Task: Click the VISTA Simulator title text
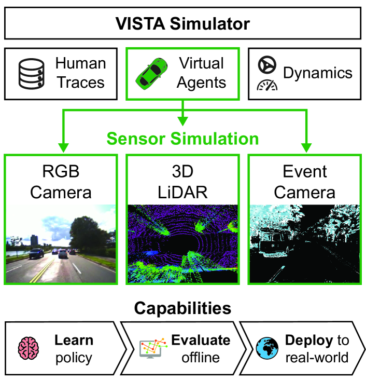pyautogui.click(x=182, y=23)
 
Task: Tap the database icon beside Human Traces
pyautogui.click(x=32, y=74)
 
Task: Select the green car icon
pyautogui.click(x=151, y=74)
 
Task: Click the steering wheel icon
pyautogui.click(x=267, y=65)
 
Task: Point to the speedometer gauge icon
pyautogui.click(x=267, y=86)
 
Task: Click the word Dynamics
pyautogui.click(x=318, y=73)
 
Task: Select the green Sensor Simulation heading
pyautogui.click(x=182, y=139)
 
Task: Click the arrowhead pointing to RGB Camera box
pyautogui.click(x=63, y=148)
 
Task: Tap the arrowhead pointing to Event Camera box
pyautogui.click(x=306, y=148)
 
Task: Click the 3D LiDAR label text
pyautogui.click(x=182, y=182)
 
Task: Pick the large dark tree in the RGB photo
pyautogui.click(x=89, y=233)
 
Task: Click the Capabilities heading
pyautogui.click(x=182, y=308)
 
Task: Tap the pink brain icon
pyautogui.click(x=29, y=348)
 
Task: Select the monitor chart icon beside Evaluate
pyautogui.click(x=153, y=348)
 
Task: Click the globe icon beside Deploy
pyautogui.click(x=267, y=348)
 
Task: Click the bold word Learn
pyautogui.click(x=74, y=340)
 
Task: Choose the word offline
pyautogui.click(x=201, y=358)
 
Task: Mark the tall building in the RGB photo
pyautogui.click(x=34, y=240)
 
